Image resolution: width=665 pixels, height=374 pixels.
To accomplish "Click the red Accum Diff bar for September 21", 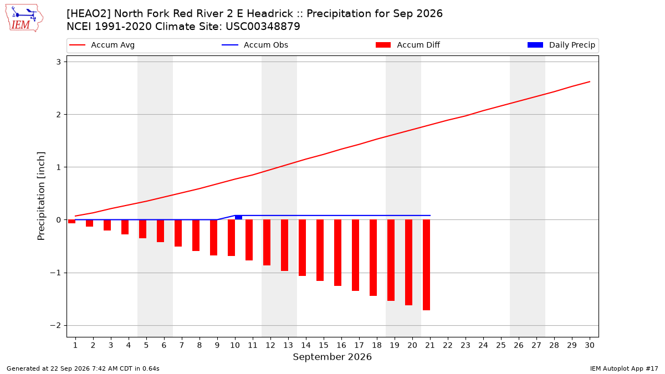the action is [426, 265].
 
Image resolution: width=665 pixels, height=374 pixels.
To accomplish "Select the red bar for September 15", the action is [320, 250].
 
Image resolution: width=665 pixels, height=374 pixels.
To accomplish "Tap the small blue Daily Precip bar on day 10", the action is [238, 218].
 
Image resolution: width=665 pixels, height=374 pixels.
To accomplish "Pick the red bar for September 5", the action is [142, 229].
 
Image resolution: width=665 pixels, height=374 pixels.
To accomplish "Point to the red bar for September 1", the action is [71, 222].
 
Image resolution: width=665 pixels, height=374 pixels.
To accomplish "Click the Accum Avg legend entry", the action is [102, 45].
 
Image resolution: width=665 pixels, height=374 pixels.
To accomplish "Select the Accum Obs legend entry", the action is [255, 45].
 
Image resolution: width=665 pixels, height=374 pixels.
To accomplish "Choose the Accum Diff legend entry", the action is [408, 45].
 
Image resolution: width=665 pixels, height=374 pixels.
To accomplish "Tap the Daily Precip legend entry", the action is [561, 45].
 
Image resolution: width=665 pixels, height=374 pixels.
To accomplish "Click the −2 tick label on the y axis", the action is [55, 326].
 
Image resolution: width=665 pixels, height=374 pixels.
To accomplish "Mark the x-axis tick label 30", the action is [590, 345].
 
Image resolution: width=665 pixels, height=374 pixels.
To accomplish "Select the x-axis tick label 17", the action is [359, 345].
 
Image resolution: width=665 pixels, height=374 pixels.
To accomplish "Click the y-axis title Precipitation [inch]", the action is [41, 196].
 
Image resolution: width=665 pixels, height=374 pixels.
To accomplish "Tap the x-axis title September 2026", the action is [332, 357].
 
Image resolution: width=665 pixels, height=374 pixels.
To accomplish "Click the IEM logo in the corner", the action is [24, 18].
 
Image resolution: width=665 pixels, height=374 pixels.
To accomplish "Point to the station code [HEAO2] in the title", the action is [88, 14].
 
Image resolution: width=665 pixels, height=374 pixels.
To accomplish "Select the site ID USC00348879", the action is [263, 27].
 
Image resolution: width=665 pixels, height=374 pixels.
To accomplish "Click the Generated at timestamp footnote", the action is [83, 368].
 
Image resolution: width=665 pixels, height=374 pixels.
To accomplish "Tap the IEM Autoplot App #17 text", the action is [624, 368].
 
